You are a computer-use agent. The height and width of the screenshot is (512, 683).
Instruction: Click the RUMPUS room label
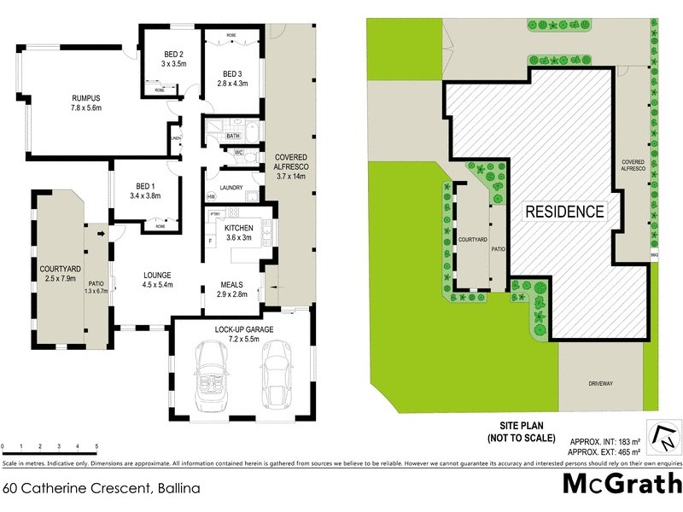point(86,98)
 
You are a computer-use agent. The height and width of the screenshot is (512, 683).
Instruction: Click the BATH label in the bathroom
point(232,136)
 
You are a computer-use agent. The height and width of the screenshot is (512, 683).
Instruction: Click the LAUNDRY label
point(231,189)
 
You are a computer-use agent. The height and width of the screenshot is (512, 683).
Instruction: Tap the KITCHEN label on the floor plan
point(239,228)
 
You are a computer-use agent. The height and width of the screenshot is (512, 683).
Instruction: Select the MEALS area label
point(233,285)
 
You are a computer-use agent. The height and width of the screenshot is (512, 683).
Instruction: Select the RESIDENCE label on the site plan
point(564,211)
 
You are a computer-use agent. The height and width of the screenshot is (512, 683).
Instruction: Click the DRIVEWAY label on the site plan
point(600,384)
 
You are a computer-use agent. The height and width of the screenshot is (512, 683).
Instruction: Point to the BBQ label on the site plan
point(655,254)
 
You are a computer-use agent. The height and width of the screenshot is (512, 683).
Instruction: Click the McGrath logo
point(622,482)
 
